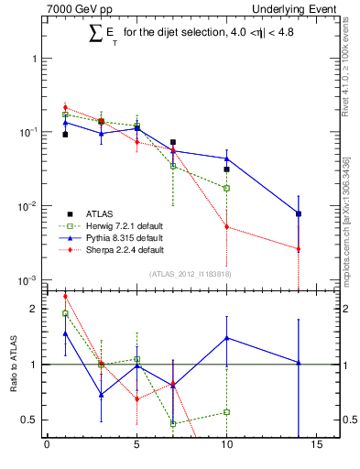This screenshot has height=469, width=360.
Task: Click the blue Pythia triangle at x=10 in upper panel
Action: pos(226,158)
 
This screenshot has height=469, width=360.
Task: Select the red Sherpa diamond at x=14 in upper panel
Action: pos(299,249)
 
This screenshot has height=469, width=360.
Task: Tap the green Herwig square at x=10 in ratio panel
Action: pos(226,412)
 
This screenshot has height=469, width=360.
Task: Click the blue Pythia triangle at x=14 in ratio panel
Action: pos(299,363)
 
